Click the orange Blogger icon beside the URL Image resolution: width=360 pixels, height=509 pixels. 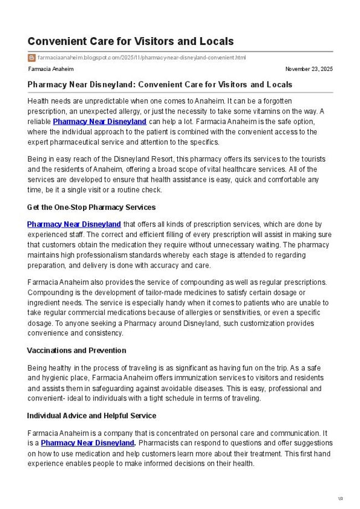pyautogui.click(x=32, y=58)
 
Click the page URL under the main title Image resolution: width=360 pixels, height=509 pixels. pyautogui.click(x=141, y=58)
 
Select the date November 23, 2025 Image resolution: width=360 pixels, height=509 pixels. pyautogui.click(x=308, y=69)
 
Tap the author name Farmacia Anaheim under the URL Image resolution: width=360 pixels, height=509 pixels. pyautogui.click(x=50, y=69)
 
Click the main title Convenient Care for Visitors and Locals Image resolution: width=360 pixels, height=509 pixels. pyautogui.click(x=130, y=42)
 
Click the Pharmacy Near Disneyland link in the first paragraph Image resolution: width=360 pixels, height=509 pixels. pyautogui.click(x=100, y=121)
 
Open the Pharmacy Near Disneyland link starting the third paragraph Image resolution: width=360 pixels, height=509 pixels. pyautogui.click(x=74, y=224)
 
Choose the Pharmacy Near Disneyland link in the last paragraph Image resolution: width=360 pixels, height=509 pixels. pyautogui.click(x=88, y=443)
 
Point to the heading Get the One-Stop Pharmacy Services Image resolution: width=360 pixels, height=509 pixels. pyautogui.click(x=91, y=207)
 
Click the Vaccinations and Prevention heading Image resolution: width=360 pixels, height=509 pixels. pyautogui.click(x=76, y=351)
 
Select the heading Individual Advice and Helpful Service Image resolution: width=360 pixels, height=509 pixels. pyautogui.click(x=91, y=415)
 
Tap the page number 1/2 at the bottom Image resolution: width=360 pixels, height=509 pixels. pyautogui.click(x=340, y=498)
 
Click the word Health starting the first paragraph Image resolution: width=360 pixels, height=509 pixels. pyautogui.click(x=38, y=101)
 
